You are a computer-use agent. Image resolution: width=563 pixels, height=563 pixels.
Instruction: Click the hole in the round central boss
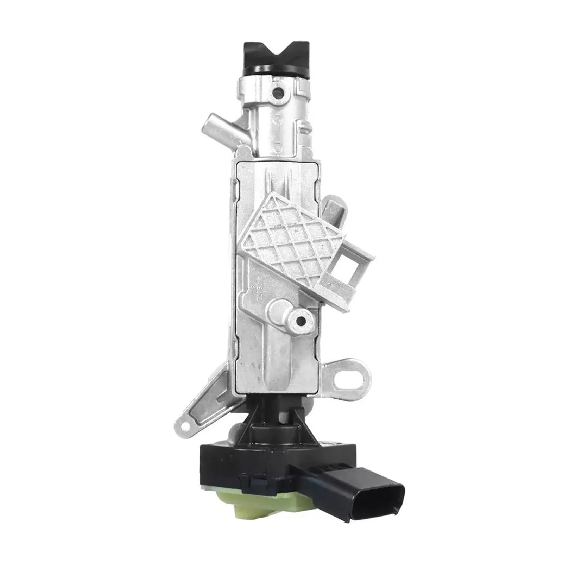tap(301, 321)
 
